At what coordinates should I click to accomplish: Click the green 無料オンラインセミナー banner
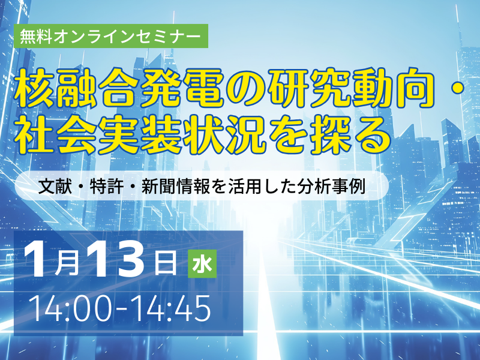110,36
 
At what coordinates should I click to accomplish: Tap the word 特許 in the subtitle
107,186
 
